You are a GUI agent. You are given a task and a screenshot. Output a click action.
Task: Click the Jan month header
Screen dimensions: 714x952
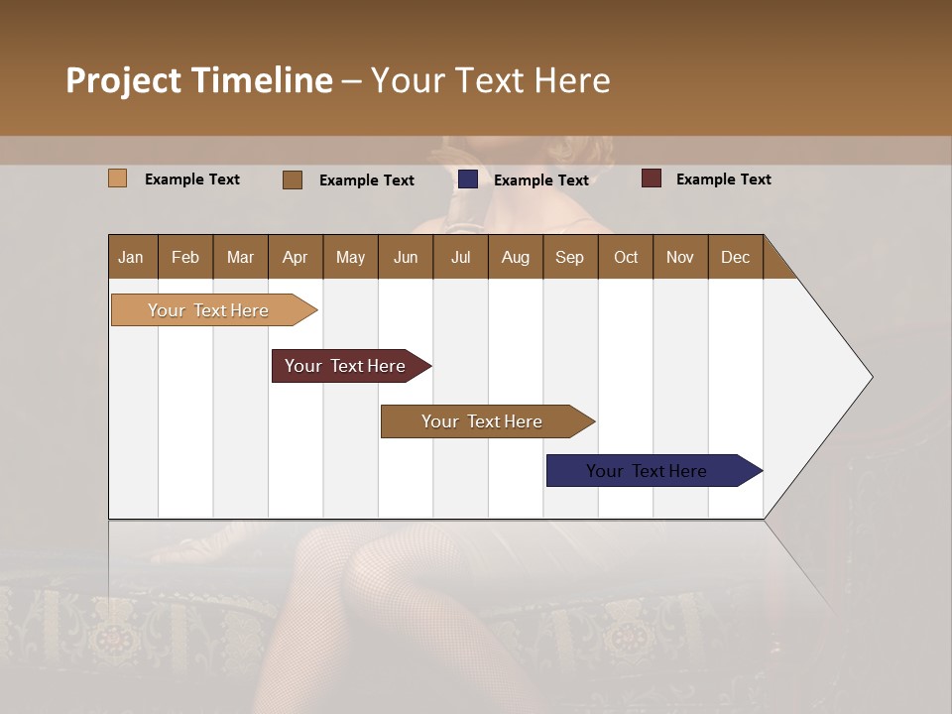131,257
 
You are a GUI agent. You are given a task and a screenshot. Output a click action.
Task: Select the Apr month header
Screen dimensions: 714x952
295,257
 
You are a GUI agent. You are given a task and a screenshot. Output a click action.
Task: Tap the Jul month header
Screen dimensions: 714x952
460,257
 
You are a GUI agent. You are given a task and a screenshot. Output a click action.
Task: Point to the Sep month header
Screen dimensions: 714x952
569,257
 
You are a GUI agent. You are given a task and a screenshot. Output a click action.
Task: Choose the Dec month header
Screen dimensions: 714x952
735,257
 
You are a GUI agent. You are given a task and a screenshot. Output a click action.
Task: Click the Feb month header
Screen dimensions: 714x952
185,257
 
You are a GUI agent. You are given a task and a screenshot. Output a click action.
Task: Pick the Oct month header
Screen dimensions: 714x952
626,257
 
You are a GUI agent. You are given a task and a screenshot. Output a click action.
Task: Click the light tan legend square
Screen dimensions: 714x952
117,178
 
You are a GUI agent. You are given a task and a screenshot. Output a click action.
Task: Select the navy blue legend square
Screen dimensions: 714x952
468,179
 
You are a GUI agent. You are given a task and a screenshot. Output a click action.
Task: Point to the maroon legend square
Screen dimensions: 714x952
651,178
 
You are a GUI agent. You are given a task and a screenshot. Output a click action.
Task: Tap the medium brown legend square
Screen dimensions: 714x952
292,179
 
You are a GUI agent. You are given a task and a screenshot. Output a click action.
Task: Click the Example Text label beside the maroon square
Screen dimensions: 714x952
723,179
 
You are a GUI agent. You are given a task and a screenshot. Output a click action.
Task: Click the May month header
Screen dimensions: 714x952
350,257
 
